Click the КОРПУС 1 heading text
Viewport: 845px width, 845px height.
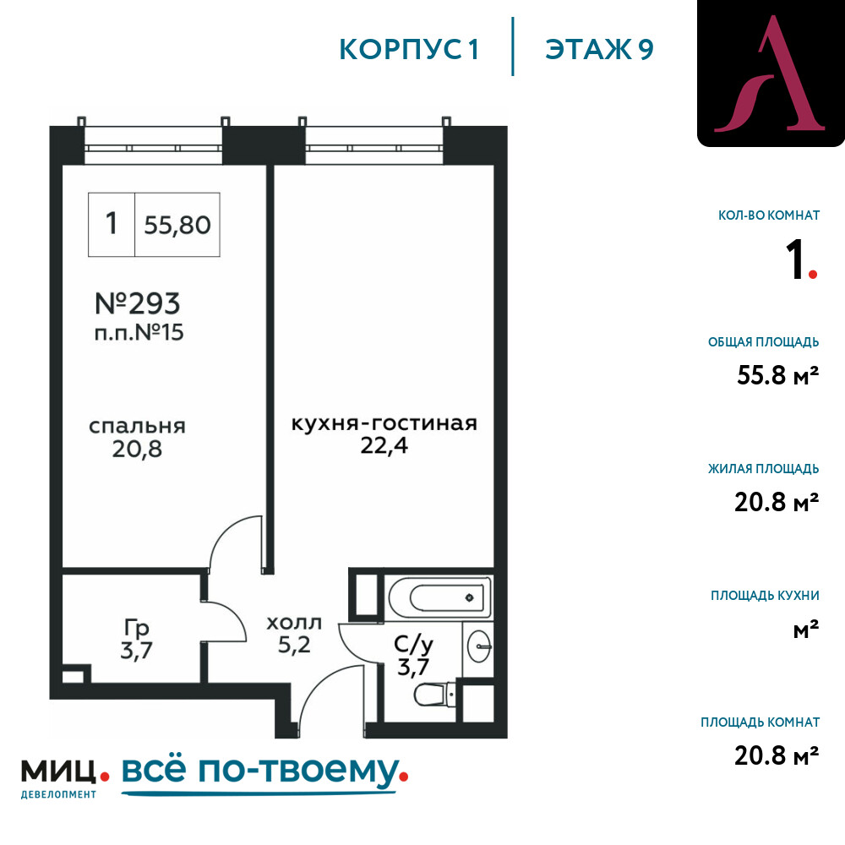point(409,49)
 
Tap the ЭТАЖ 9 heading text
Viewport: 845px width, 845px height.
point(599,49)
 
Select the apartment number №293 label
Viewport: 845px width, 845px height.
point(138,303)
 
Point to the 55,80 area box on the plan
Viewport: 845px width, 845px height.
point(177,224)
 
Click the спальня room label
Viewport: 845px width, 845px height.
point(138,426)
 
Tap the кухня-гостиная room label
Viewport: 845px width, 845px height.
point(384,423)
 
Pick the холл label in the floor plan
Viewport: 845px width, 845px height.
point(294,623)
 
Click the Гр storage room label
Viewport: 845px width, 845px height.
point(136,629)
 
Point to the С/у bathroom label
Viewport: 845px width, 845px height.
point(413,643)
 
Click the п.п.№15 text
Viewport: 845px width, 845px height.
point(139,332)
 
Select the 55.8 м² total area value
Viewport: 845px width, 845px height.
point(777,375)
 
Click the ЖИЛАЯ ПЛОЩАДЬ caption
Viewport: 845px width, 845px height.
point(764,468)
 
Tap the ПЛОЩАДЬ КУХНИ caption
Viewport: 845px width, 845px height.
point(765,596)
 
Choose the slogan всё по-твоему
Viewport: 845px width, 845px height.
point(264,773)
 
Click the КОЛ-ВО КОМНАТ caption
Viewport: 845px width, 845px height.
point(769,215)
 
